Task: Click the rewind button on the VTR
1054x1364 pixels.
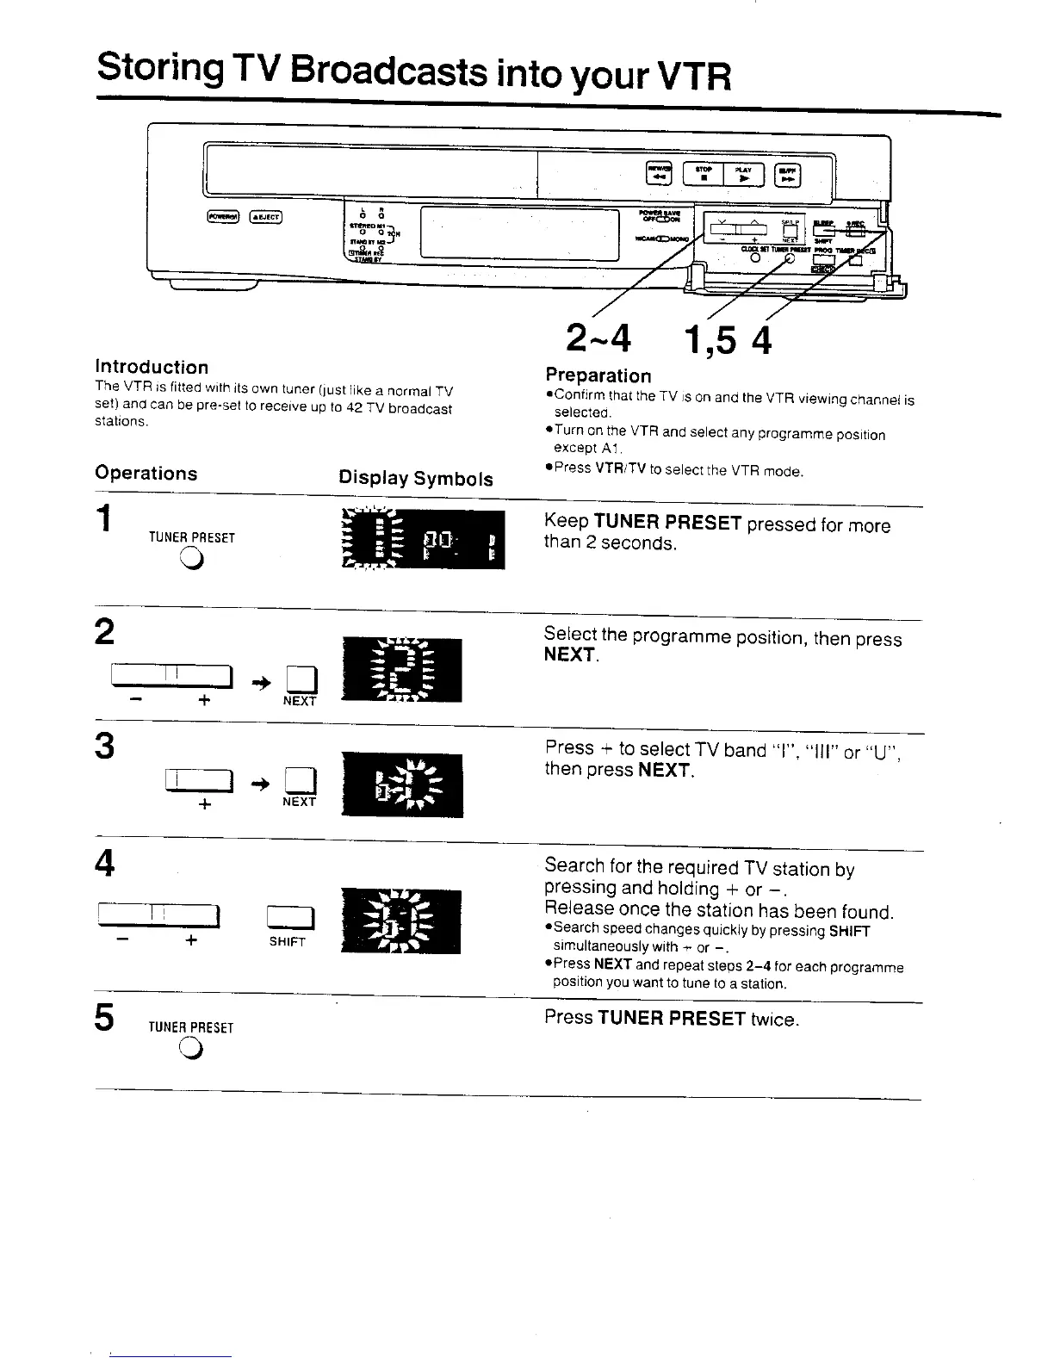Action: pyautogui.click(x=659, y=174)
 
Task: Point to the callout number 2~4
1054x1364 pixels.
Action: pyautogui.click(x=598, y=338)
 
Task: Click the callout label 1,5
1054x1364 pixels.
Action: pyautogui.click(x=711, y=341)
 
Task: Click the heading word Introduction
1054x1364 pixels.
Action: pyautogui.click(x=152, y=367)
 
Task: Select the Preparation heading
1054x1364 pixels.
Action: pyautogui.click(x=598, y=375)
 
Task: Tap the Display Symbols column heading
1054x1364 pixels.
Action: pyautogui.click(x=416, y=479)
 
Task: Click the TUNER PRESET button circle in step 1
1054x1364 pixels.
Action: pyautogui.click(x=191, y=561)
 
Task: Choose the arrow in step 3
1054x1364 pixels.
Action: pyautogui.click(x=259, y=782)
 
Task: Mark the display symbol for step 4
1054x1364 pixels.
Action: pyautogui.click(x=401, y=921)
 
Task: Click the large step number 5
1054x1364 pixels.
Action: pyautogui.click(x=104, y=1018)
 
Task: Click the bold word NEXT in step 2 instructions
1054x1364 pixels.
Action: pyautogui.click(x=569, y=654)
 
